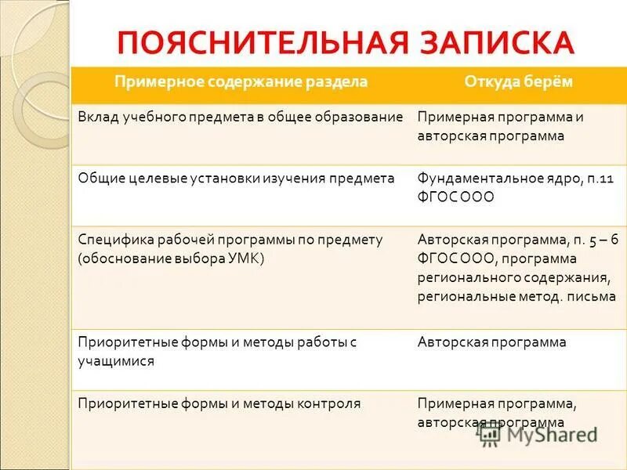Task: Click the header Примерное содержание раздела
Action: (241, 82)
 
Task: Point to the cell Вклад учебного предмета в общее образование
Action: (241, 117)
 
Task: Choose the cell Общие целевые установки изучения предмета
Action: (236, 179)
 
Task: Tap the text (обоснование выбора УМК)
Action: (172, 259)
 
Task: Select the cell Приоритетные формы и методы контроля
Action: (219, 404)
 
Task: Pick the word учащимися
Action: (116, 361)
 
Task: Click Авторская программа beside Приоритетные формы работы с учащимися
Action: (492, 342)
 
